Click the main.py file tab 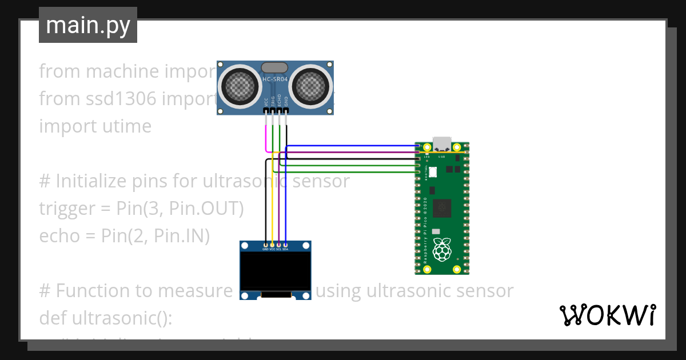88,25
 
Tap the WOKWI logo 607,315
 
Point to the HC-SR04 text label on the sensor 275,79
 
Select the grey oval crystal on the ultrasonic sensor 275,67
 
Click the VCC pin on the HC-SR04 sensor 266,111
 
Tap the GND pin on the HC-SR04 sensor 286,111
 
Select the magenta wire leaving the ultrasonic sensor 266,137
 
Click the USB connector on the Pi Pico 442,143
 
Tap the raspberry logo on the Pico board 441,250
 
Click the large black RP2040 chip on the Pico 441,209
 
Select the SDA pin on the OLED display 285,245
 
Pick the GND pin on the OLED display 265,245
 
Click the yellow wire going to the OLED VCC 272,200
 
